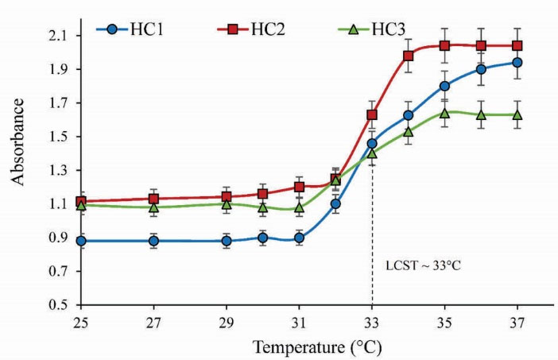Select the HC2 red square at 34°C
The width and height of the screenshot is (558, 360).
pos(409,56)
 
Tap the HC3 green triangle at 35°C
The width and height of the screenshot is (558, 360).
pos(445,113)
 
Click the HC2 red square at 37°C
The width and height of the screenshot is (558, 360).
pos(517,46)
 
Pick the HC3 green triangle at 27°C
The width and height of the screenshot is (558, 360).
pos(154,207)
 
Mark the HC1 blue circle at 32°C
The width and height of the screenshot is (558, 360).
pos(335,204)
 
